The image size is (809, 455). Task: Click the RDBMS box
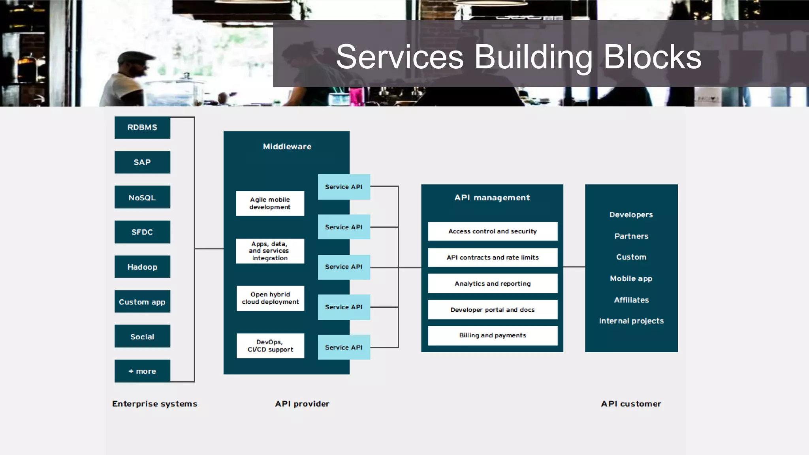pyautogui.click(x=142, y=128)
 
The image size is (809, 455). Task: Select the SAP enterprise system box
pyautogui.click(x=142, y=162)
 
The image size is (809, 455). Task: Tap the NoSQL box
pyautogui.click(x=142, y=197)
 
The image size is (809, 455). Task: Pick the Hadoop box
pyautogui.click(x=142, y=267)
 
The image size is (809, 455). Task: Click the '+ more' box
pyautogui.click(x=142, y=371)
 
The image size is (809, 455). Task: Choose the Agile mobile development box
pyautogui.click(x=270, y=203)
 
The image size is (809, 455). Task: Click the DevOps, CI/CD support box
pyautogui.click(x=270, y=346)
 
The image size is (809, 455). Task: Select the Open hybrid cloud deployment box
pyautogui.click(x=270, y=298)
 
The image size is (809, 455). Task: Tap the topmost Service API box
pyautogui.click(x=344, y=187)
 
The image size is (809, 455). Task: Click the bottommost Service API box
pyautogui.click(x=344, y=347)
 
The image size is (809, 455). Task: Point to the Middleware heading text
pyautogui.click(x=287, y=147)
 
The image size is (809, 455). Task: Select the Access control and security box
pyautogui.click(x=493, y=231)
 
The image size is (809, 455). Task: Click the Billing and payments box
pyautogui.click(x=493, y=335)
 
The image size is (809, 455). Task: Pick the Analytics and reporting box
pyautogui.click(x=493, y=284)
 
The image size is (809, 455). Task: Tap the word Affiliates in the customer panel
pyautogui.click(x=631, y=300)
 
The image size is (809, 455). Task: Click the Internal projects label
pyautogui.click(x=631, y=321)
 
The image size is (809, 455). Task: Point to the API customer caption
pyautogui.click(x=631, y=404)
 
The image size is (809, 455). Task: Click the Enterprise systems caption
pyautogui.click(x=154, y=404)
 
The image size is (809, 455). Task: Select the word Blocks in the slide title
pyautogui.click(x=652, y=57)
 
